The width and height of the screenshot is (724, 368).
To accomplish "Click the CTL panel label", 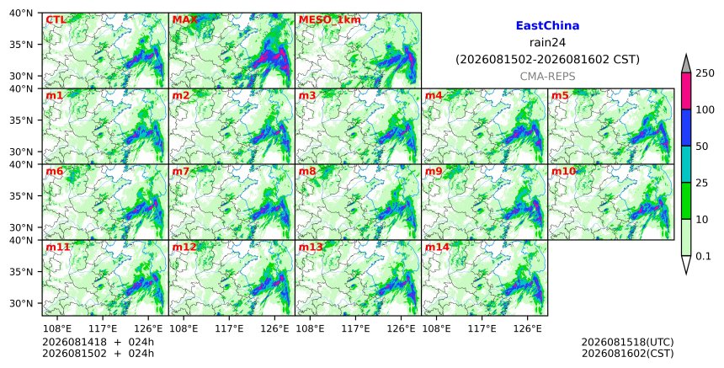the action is click(x=56, y=20).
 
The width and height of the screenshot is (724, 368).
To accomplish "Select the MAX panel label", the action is click(x=184, y=20).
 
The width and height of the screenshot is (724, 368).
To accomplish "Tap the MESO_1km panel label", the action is click(x=330, y=20).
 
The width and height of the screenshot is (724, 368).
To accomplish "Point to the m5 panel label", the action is click(x=560, y=95).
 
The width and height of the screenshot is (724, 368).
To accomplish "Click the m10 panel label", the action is click(x=563, y=171).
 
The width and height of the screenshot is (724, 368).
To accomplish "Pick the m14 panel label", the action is click(x=437, y=247).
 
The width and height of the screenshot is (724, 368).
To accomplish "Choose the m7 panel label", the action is click(x=180, y=171).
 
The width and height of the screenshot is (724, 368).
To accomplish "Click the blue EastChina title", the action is click(x=547, y=26).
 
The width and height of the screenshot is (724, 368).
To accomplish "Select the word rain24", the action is click(x=547, y=42).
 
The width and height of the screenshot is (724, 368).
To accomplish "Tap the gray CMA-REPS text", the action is click(x=547, y=76).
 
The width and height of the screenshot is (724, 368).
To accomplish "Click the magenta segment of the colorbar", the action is click(x=685, y=91).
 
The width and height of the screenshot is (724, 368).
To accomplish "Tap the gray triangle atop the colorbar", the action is click(x=685, y=64).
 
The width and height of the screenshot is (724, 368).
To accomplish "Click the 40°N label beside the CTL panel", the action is click(x=21, y=13).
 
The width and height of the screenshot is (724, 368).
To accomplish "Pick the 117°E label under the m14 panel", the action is click(x=482, y=328).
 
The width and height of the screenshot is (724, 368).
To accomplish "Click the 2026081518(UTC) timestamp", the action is click(x=627, y=342).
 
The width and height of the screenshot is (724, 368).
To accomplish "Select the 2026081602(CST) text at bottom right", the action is click(x=627, y=354).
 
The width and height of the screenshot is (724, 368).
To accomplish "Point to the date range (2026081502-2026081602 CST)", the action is click(x=547, y=60).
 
